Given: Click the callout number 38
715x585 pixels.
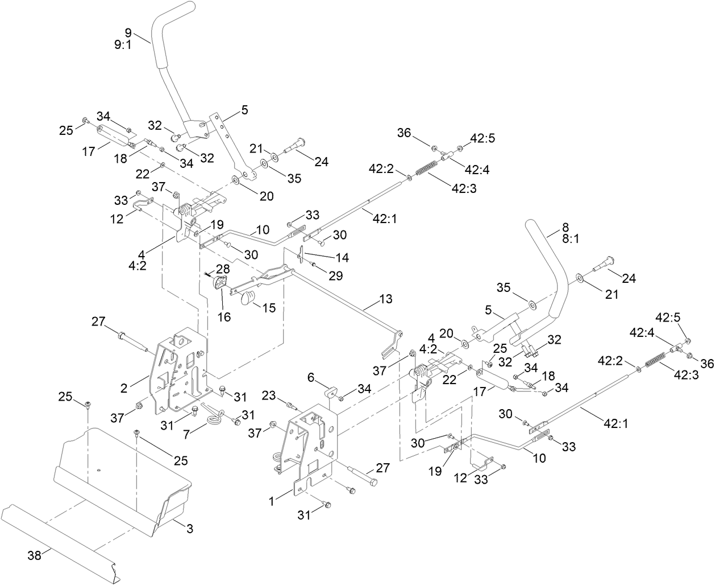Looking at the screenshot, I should click(x=35, y=555).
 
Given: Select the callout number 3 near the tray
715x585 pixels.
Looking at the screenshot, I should click(x=190, y=529).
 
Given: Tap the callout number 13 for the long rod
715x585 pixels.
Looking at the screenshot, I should click(x=385, y=299).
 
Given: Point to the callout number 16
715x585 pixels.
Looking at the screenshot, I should click(x=225, y=316).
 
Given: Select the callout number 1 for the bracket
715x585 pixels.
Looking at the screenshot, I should click(x=272, y=501).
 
